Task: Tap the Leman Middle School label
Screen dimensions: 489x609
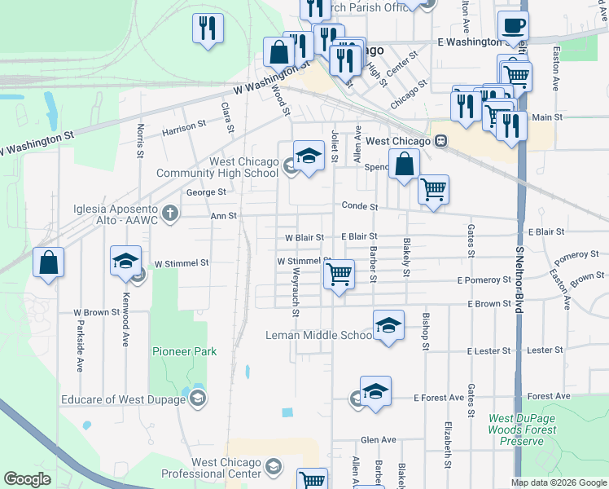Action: point(319,335)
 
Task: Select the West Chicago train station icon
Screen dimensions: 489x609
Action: point(440,141)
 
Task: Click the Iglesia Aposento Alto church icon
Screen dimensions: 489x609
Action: point(169,214)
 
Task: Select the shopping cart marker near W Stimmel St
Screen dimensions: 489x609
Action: point(339,274)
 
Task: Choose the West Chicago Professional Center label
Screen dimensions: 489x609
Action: point(204,468)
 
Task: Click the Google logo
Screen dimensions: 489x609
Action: point(27,479)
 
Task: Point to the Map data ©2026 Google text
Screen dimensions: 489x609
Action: point(559,482)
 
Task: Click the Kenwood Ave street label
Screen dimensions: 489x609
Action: point(125,320)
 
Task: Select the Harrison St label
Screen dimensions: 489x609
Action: point(184,128)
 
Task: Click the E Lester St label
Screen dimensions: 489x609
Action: point(489,351)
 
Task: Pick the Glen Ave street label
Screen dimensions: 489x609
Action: point(378,439)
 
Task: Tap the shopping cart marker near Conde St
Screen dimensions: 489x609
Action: point(434,190)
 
